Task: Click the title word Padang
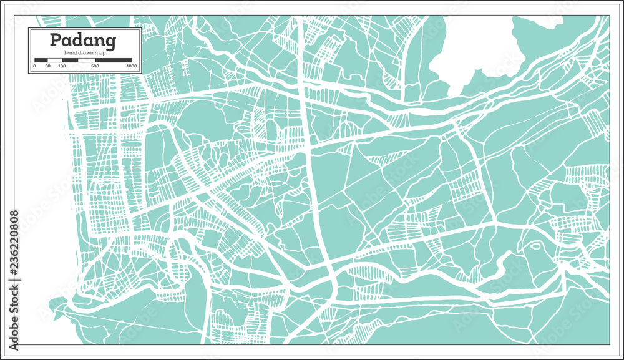coord(83,41)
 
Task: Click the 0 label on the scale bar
coord(34,66)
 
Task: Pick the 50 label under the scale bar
coord(48,66)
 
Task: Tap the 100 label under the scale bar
coord(62,66)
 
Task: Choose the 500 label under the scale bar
coord(95,66)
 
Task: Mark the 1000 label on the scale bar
coord(131,66)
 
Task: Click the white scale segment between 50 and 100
coord(55,61)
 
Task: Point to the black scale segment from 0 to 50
coord(41,61)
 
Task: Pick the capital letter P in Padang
coord(55,41)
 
